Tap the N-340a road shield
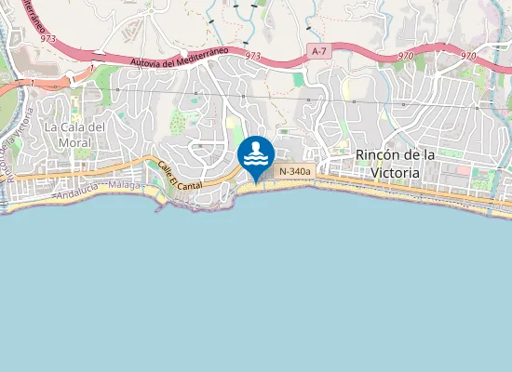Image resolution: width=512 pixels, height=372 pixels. (293, 171)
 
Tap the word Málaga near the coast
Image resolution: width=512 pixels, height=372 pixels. (124, 187)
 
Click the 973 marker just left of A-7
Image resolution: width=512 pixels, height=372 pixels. (252, 56)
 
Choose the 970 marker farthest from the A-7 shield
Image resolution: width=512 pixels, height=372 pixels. (467, 56)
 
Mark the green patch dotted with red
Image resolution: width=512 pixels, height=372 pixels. (177, 122)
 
